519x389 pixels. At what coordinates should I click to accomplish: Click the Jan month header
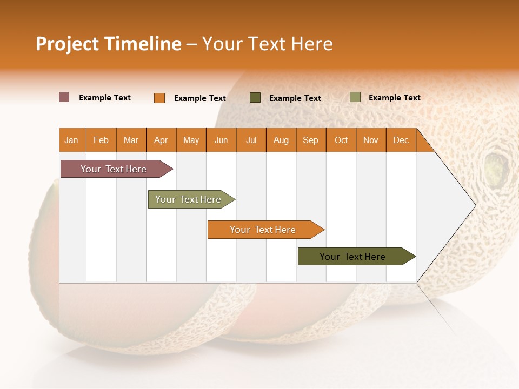pyautogui.click(x=72, y=140)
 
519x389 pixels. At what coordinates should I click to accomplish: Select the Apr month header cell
pyautogui.click(x=161, y=140)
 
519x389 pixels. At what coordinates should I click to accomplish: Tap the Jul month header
pyautogui.click(x=251, y=140)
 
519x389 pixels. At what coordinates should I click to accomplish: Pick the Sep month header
pyautogui.click(x=311, y=140)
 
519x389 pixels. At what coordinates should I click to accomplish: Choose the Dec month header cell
pyautogui.click(x=401, y=140)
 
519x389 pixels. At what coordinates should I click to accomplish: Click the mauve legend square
pyautogui.click(x=64, y=97)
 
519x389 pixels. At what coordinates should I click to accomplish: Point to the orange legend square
pyautogui.click(x=159, y=98)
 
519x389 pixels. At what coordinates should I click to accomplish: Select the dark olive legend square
pyautogui.click(x=255, y=97)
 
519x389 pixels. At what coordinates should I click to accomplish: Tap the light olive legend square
pyautogui.click(x=355, y=97)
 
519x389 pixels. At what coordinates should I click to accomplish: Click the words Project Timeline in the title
pyautogui.click(x=108, y=44)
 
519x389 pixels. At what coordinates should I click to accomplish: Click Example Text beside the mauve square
pyautogui.click(x=105, y=98)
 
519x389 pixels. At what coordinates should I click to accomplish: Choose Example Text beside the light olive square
pyautogui.click(x=395, y=98)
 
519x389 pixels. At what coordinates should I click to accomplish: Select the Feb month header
pyautogui.click(x=101, y=140)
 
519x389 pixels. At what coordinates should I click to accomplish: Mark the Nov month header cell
pyautogui.click(x=371, y=140)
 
